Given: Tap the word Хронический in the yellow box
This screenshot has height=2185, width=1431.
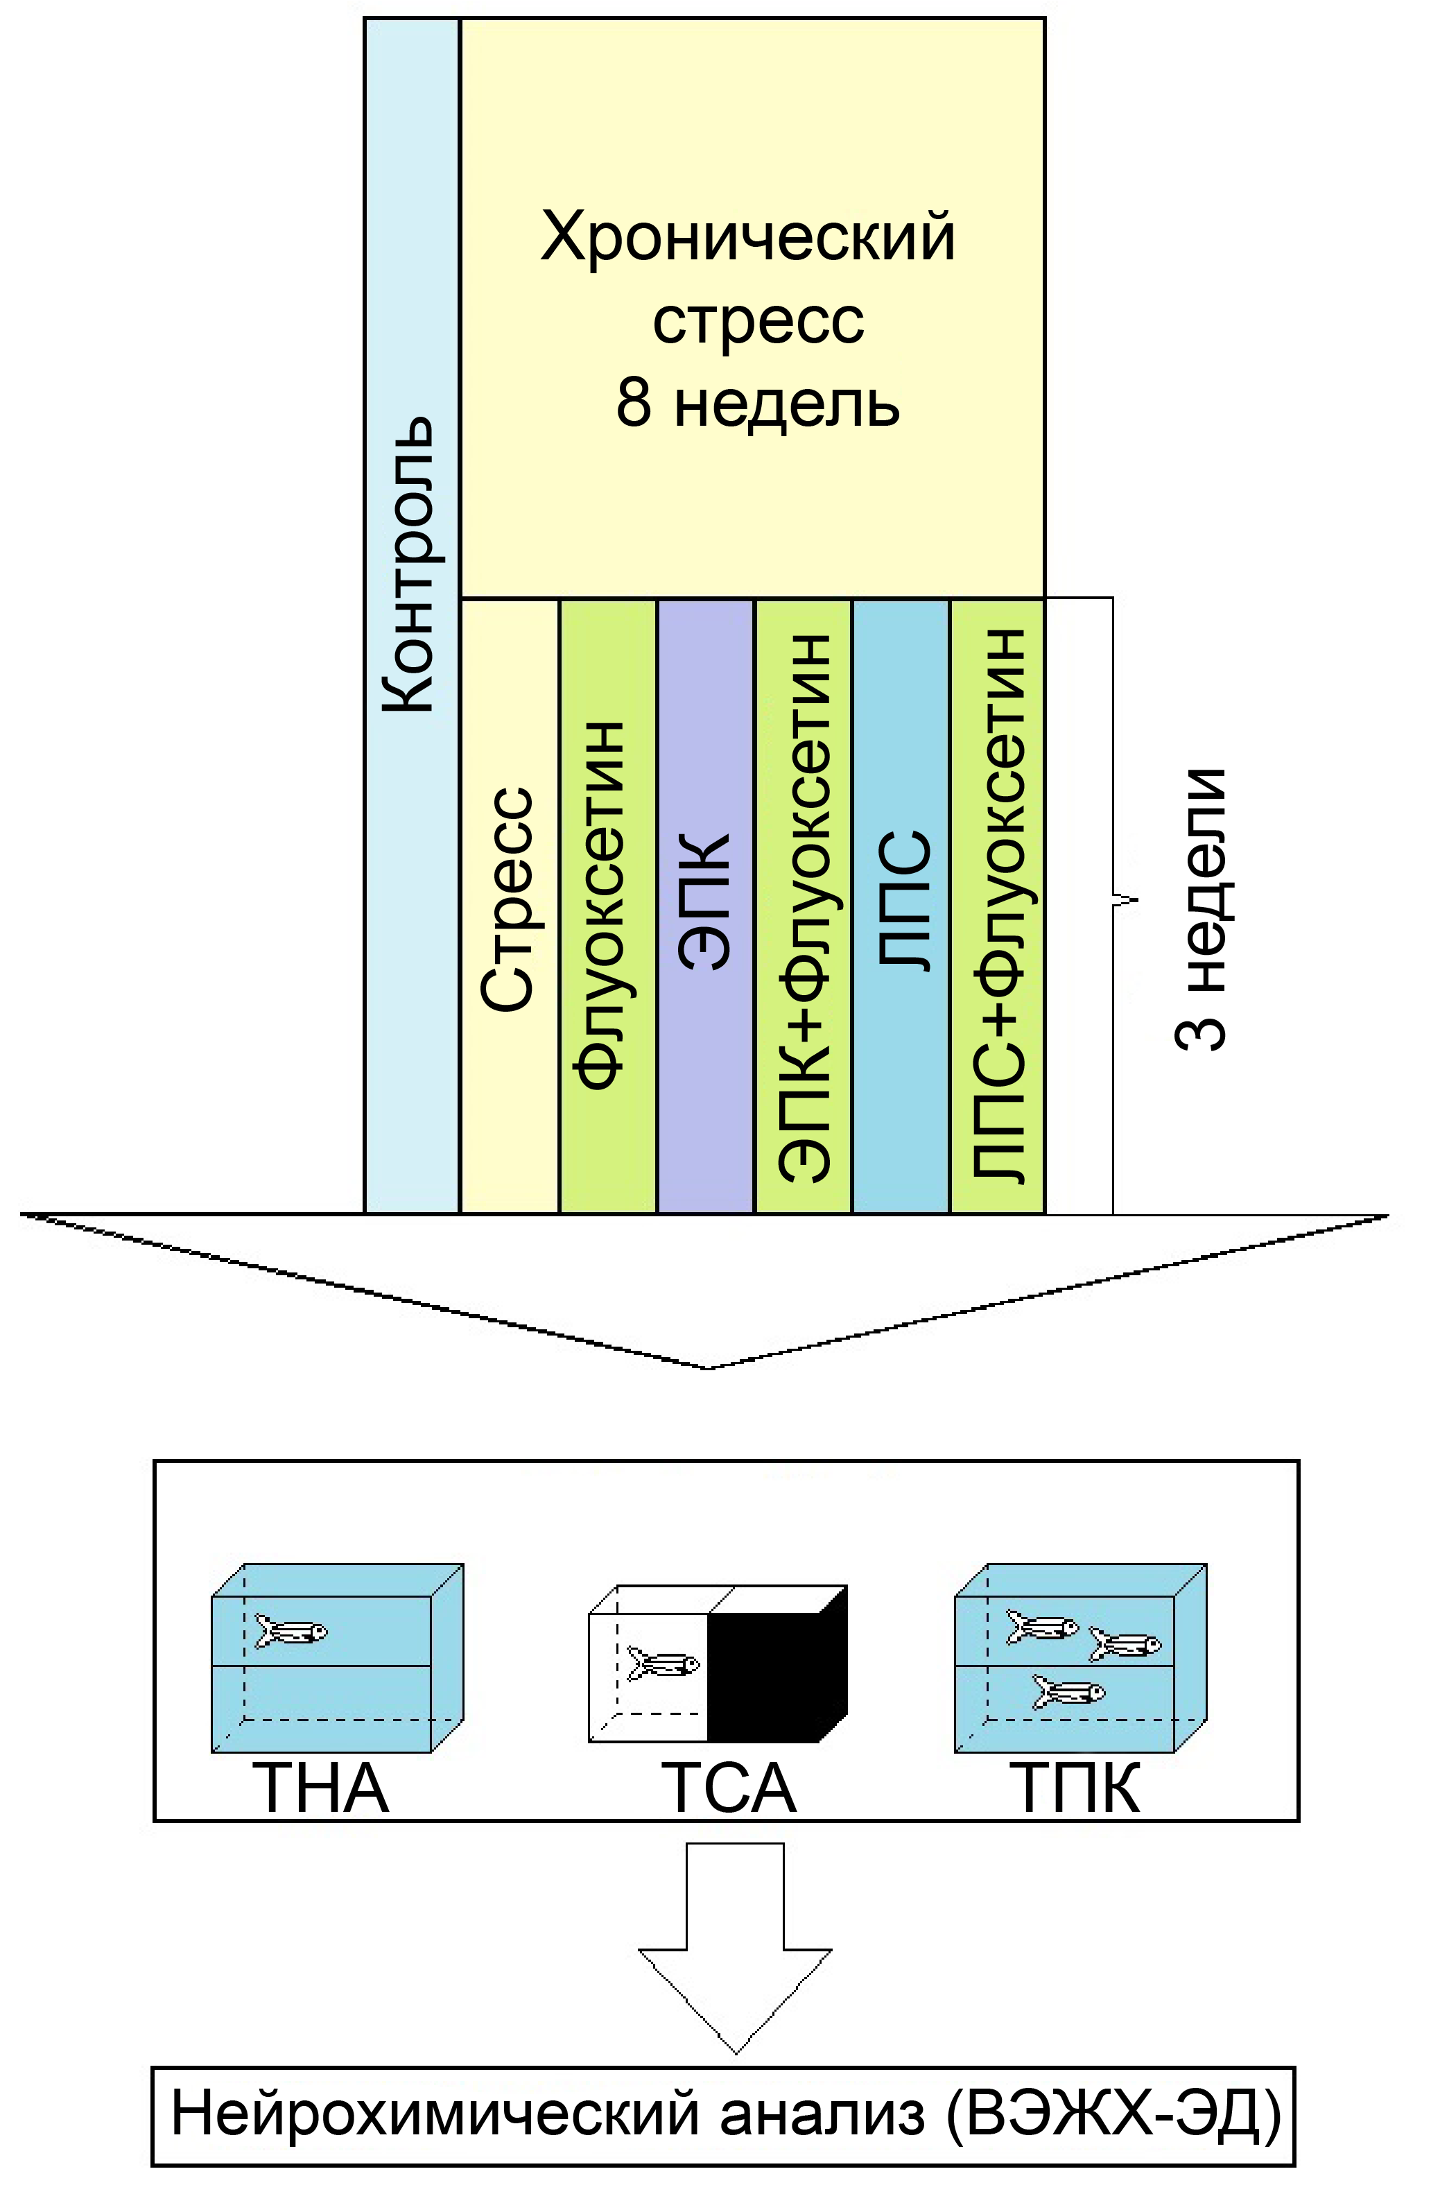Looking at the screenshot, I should click(748, 237).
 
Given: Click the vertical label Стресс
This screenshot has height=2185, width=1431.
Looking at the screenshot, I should click(508, 899).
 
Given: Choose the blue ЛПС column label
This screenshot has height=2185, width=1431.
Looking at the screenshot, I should click(905, 899).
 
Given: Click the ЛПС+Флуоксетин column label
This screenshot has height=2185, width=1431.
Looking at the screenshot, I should click(998, 904).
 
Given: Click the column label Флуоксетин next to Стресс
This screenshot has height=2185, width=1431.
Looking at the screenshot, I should click(603, 904).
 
